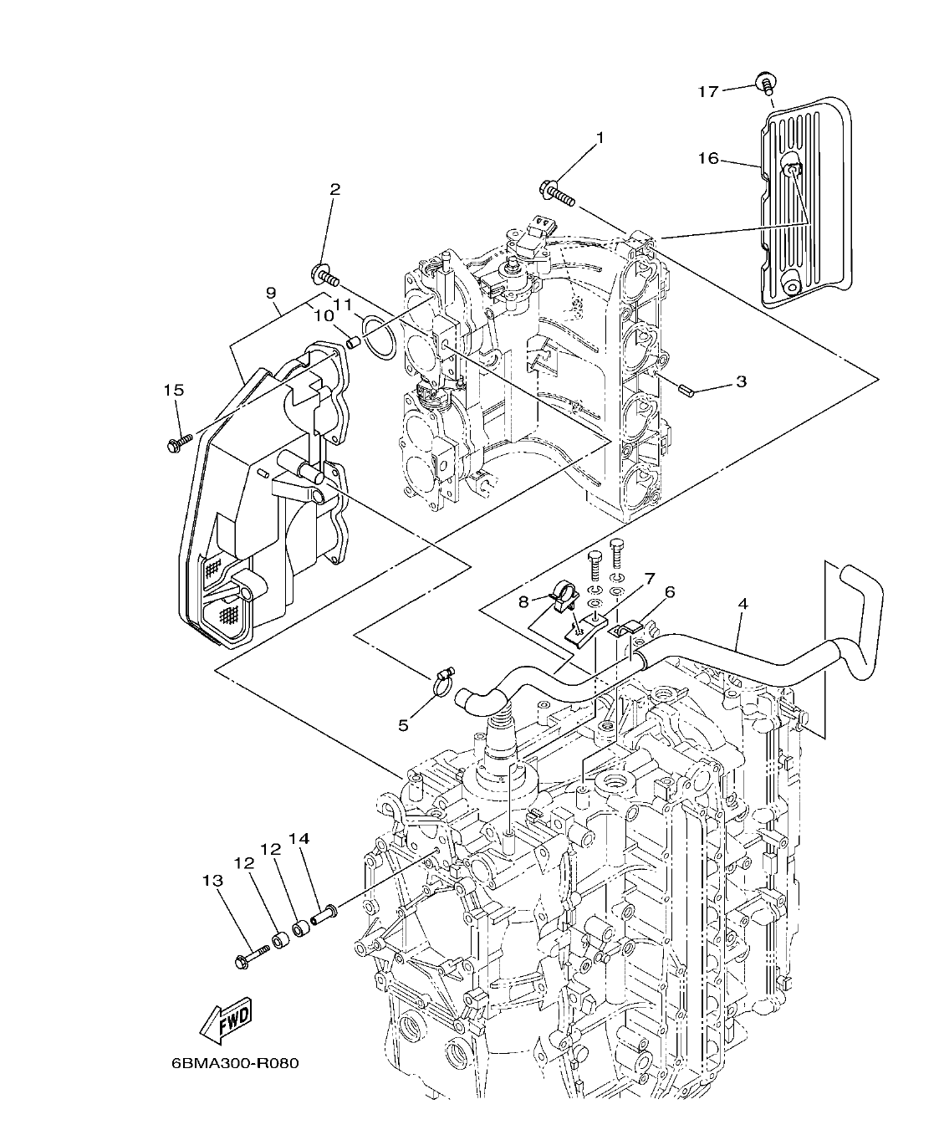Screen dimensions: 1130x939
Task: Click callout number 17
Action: click(x=707, y=91)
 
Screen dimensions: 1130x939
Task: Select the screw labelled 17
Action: click(x=764, y=82)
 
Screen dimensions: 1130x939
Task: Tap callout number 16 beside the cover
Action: click(x=707, y=157)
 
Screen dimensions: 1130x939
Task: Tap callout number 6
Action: click(x=669, y=592)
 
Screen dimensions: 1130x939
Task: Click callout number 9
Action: click(x=270, y=293)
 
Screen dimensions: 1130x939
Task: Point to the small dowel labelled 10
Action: click(x=352, y=341)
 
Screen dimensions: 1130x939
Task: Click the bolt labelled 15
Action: click(x=179, y=442)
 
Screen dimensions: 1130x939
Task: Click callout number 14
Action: click(x=299, y=838)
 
